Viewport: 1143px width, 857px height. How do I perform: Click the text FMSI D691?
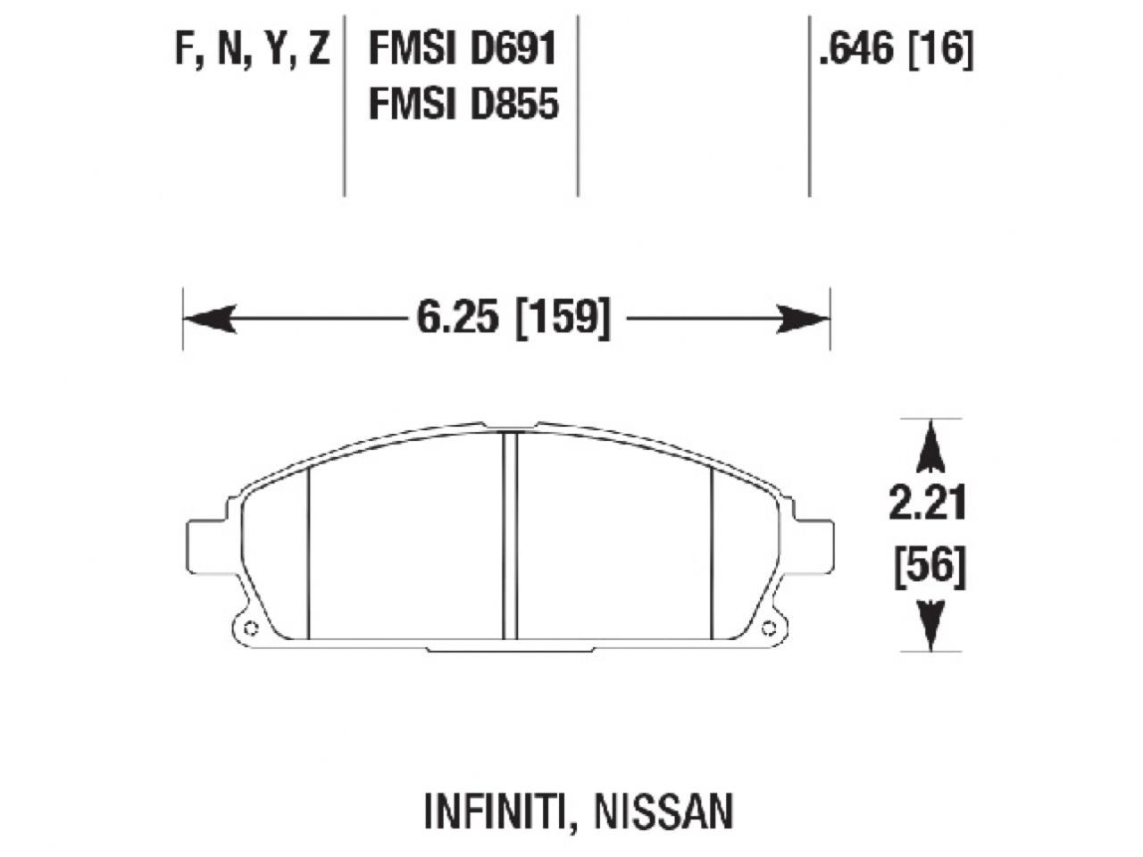click(x=463, y=49)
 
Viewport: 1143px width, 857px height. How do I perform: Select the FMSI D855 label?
click(x=463, y=104)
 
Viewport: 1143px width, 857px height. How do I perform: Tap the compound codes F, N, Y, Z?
click(x=253, y=50)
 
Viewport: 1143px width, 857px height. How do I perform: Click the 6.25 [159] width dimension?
click(x=513, y=318)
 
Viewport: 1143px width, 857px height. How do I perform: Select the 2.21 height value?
click(x=928, y=505)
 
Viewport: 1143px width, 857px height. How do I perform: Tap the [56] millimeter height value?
click(x=930, y=567)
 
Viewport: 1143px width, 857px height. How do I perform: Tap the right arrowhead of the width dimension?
click(x=804, y=319)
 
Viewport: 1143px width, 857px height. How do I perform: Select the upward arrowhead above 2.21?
click(x=930, y=447)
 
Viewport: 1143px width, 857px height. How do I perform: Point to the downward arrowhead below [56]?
click(x=930, y=626)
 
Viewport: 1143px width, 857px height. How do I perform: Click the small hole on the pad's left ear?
click(x=249, y=625)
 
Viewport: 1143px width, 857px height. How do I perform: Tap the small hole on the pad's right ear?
click(x=767, y=625)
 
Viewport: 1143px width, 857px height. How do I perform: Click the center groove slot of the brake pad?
click(x=510, y=536)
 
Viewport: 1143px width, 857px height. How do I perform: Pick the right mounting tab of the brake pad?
click(x=814, y=546)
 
